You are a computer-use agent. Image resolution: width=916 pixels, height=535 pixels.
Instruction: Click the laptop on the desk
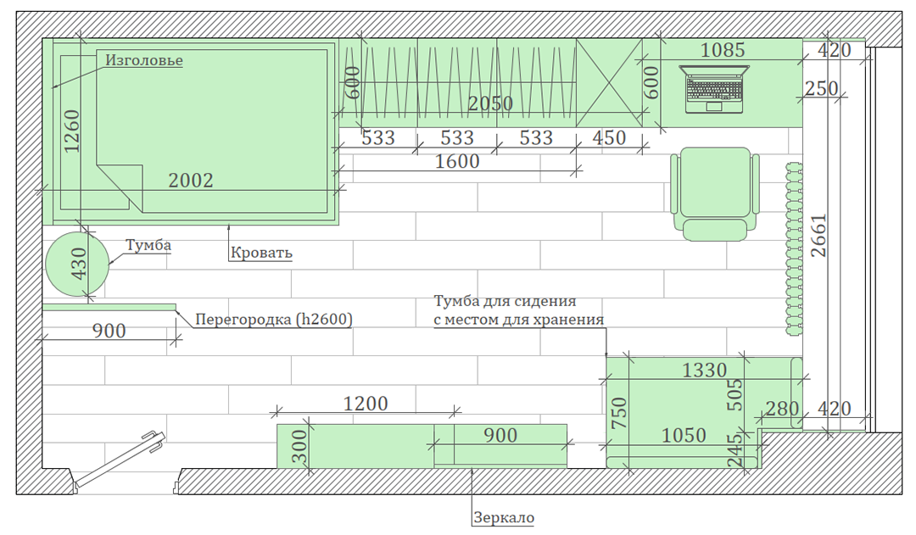coord(714,89)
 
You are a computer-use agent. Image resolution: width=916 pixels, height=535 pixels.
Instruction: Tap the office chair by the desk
coord(715,194)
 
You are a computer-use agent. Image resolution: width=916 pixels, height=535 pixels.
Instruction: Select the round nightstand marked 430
coord(77,264)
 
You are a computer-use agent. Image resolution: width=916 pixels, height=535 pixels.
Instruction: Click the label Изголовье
coord(143,60)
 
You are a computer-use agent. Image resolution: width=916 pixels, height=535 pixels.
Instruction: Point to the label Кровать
coord(261,253)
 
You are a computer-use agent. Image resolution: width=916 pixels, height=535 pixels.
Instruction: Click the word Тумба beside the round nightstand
coord(148,245)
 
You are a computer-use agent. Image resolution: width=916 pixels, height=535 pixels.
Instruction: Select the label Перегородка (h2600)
coord(274,320)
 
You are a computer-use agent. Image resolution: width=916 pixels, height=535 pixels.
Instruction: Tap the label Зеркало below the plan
coord(504,517)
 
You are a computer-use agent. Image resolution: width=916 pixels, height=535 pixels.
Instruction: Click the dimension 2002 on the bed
coord(191,181)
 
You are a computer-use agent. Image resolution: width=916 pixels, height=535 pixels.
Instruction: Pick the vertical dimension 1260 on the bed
coord(70,131)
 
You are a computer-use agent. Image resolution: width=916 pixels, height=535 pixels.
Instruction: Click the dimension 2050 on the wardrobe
coord(491,103)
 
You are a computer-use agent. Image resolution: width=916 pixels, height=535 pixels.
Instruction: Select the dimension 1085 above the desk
coord(723,50)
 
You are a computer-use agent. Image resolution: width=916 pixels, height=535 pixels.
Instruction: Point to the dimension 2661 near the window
coord(819,236)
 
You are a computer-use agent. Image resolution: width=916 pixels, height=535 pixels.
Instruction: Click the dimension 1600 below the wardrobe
coord(457,161)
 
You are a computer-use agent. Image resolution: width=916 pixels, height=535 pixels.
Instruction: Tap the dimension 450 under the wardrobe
coord(609,138)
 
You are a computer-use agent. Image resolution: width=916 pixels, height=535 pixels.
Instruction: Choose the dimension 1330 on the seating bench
coord(705,370)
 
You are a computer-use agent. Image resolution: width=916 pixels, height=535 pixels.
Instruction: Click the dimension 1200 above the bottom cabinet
coord(365,403)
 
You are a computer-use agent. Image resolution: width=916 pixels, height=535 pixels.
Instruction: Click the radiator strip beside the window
coord(794,248)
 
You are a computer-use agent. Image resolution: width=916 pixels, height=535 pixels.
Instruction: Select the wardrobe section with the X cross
coord(609,82)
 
